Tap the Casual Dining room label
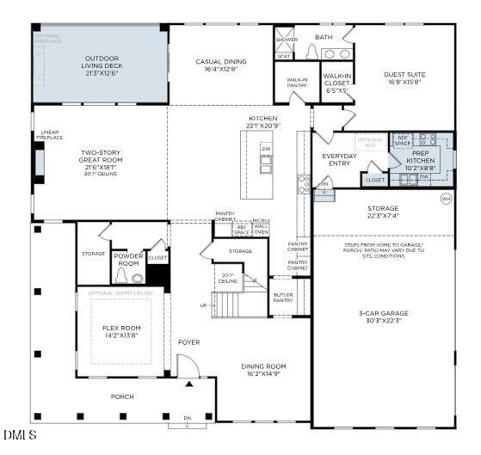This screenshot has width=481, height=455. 220,65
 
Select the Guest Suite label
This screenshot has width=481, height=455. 404,78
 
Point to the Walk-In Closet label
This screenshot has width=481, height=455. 336,83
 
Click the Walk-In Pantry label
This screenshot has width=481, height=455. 297,83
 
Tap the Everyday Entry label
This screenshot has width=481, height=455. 339,160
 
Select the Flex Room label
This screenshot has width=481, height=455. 121,331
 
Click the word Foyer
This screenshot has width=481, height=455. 188,342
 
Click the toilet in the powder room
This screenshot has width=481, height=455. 121,277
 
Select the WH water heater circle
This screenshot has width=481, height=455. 446,199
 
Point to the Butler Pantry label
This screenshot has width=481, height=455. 283,298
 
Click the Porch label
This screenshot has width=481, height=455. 121,397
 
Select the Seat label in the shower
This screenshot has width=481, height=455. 283,56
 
